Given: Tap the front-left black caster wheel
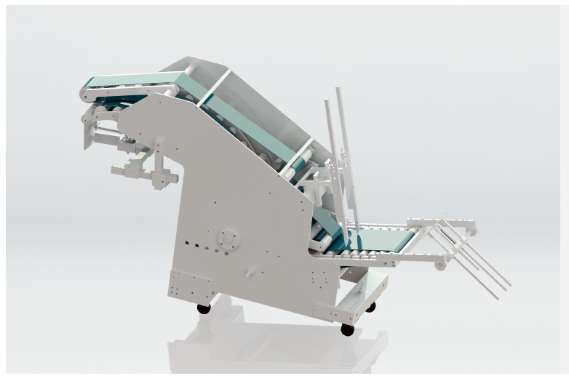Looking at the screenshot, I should coord(204,308).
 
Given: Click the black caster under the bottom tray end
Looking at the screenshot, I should coord(347,329).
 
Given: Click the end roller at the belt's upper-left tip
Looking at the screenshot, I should coord(85,93).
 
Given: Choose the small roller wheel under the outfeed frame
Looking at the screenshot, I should coord(440,265).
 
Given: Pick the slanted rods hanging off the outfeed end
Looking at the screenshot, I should coord(469,258).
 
